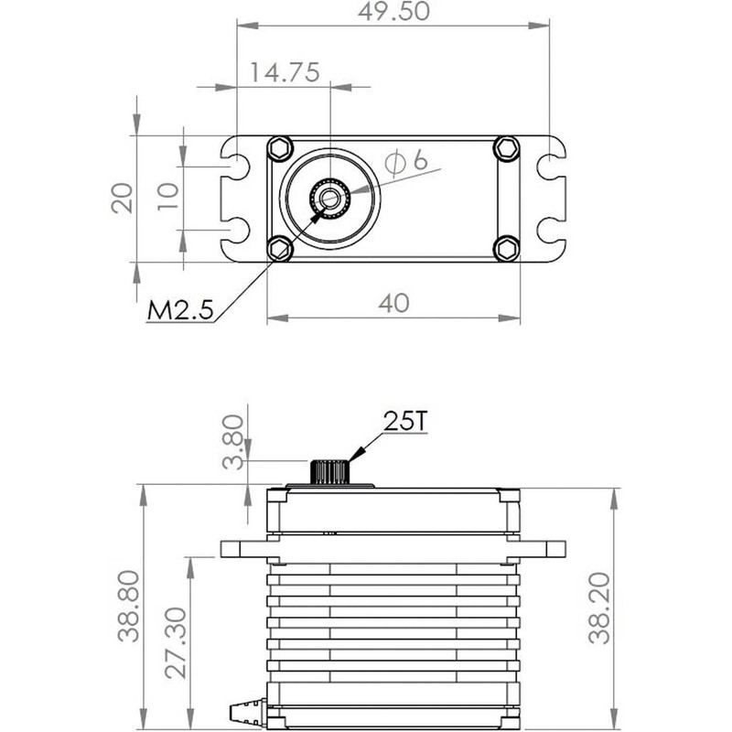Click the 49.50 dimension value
393,12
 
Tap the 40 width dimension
394,303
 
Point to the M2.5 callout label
179,310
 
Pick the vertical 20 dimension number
124,197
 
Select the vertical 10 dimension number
167,197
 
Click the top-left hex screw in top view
279,146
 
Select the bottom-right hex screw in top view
506,246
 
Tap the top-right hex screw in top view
506,146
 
